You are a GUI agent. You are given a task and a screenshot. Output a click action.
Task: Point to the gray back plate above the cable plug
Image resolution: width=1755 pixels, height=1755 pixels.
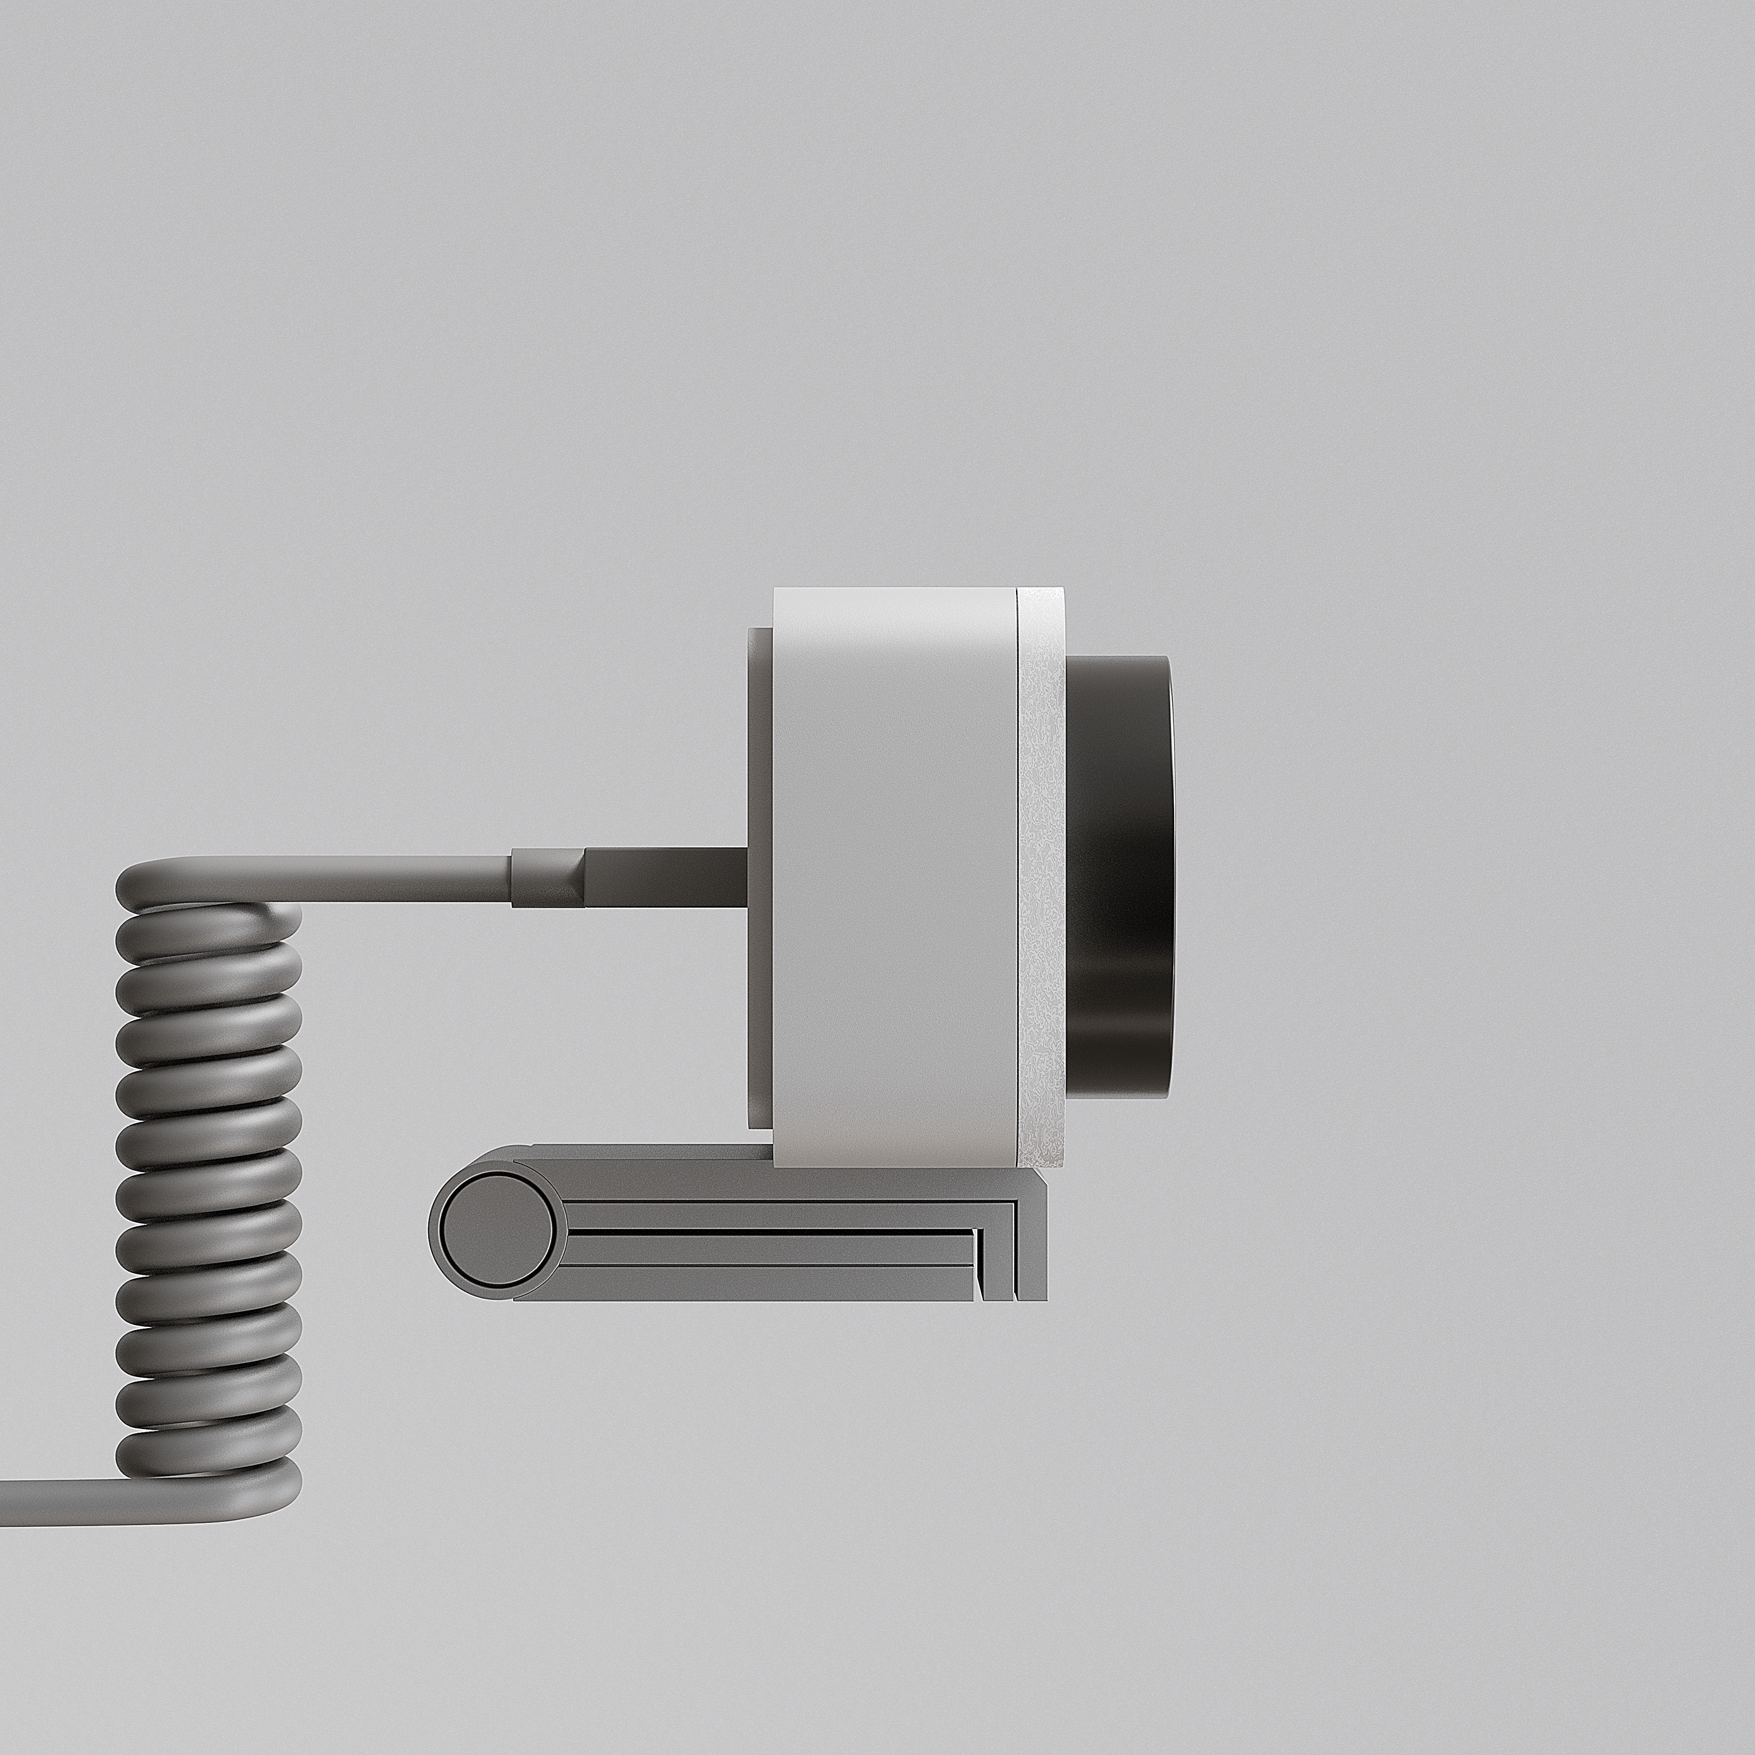coord(760,736)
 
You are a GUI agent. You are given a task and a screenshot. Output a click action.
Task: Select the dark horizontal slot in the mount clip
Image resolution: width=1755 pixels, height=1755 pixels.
coord(772,1233)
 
